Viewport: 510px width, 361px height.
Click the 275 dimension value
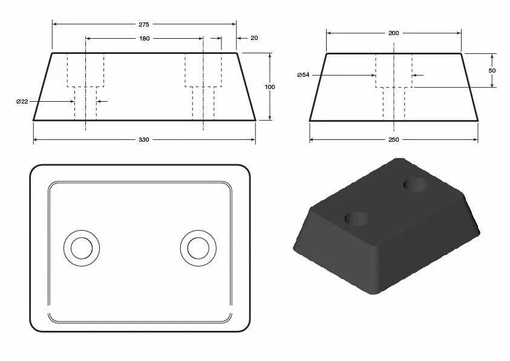click(143, 24)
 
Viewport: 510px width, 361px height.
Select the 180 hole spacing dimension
click(145, 38)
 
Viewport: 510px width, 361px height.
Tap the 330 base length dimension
click(144, 140)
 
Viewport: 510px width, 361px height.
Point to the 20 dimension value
click(253, 38)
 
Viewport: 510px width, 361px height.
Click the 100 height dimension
click(270, 87)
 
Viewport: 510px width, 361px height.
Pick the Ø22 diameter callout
click(22, 101)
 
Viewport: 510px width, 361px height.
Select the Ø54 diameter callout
click(304, 75)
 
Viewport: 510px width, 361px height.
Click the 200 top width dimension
click(393, 33)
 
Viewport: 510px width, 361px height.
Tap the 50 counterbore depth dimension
click(492, 70)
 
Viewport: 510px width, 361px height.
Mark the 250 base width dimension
click(393, 140)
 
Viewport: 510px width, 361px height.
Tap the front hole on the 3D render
click(358, 217)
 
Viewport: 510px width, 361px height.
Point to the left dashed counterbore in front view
click(85, 70)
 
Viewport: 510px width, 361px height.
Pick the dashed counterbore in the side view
click(394, 70)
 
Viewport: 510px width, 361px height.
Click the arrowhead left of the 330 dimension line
click(36, 140)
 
